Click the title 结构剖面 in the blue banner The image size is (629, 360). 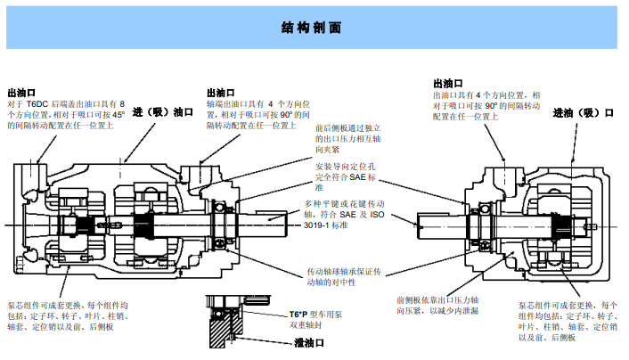coord(314,27)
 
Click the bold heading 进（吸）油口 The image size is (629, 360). coord(163,113)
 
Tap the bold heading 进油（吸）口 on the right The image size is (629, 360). coord(584,113)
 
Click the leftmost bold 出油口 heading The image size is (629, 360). coord(21,92)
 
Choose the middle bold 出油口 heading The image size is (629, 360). coord(220,92)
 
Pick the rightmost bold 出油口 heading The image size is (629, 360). coord(448,83)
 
